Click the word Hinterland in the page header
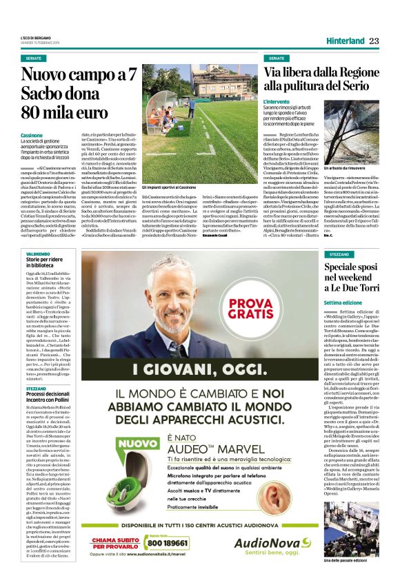tap(343, 41)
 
